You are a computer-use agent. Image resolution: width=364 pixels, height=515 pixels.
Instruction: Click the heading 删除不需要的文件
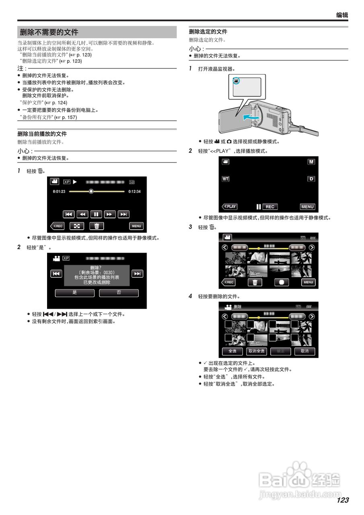click(x=49, y=32)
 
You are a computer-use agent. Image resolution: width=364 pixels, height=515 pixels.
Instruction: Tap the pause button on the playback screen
click(x=96, y=214)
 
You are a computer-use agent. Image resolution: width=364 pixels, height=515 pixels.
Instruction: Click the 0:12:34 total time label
click(x=134, y=192)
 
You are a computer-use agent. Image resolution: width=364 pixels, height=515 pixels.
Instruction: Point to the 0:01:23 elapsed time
click(x=59, y=192)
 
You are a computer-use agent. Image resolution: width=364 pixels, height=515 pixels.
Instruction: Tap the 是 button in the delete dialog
click(x=75, y=293)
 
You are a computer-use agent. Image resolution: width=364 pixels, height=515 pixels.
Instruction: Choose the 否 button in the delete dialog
click(x=119, y=293)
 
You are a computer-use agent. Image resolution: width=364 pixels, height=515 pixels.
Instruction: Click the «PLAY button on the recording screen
click(x=230, y=206)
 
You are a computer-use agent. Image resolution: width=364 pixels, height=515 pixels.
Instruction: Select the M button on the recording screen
click(x=311, y=161)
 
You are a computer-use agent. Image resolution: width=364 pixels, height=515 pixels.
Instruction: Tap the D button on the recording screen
click(x=311, y=179)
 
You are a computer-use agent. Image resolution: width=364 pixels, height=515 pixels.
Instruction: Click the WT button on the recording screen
click(x=225, y=179)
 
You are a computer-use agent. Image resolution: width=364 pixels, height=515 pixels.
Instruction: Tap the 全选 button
click(x=232, y=351)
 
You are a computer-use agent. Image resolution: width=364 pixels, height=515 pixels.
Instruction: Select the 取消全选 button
click(x=256, y=351)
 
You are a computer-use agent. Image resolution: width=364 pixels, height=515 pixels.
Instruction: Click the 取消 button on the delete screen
click(x=304, y=351)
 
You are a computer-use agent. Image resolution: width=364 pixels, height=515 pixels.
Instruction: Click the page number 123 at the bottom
click(x=343, y=500)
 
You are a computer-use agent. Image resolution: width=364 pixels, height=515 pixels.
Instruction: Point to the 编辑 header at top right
click(x=342, y=15)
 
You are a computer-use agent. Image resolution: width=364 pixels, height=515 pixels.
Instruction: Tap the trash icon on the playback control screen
click(x=96, y=226)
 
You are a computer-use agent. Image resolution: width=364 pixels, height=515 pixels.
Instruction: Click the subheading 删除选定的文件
click(x=208, y=31)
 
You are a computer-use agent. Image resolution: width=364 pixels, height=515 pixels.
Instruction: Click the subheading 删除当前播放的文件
click(x=42, y=134)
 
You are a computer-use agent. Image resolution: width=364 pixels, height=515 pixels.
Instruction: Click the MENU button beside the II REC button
click(x=307, y=206)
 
